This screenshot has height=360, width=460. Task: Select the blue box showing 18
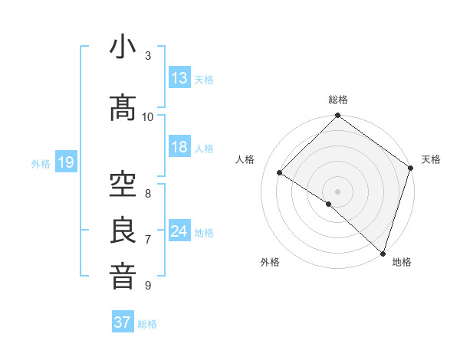[x=179, y=148]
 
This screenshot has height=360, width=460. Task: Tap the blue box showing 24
[x=179, y=231]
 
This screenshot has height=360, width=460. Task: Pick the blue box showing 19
[x=65, y=162]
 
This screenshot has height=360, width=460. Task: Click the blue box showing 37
[x=123, y=322]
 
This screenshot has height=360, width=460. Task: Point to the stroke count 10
[x=148, y=116]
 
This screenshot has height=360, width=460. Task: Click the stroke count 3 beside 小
[x=148, y=56]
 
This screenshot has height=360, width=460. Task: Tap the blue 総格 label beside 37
[x=147, y=324]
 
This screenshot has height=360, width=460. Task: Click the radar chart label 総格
[x=338, y=100]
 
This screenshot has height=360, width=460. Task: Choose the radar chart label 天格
[x=432, y=159]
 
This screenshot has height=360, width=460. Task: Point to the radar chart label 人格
[x=245, y=159]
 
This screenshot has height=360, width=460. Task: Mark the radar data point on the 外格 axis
[x=329, y=204]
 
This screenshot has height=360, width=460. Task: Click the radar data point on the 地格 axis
[x=383, y=253]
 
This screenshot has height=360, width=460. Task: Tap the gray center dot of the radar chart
[x=338, y=191]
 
